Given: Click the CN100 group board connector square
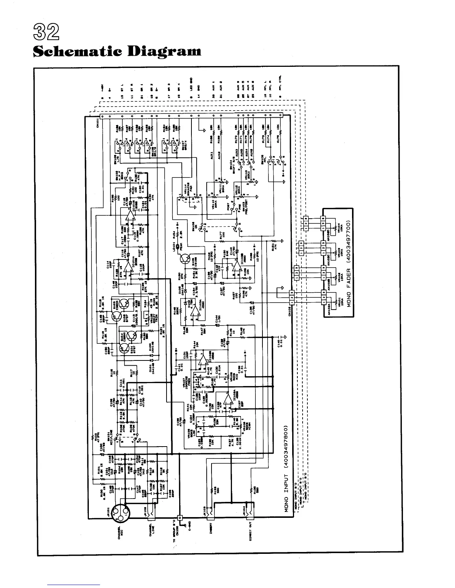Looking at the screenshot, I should pos(180,517).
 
